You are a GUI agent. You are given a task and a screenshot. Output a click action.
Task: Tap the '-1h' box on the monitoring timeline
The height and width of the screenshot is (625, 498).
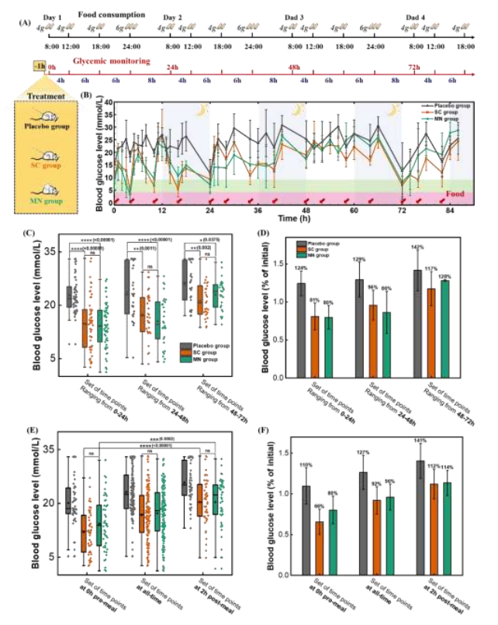point(37,67)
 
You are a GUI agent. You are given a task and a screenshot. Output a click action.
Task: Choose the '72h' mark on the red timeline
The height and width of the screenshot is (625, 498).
point(417,67)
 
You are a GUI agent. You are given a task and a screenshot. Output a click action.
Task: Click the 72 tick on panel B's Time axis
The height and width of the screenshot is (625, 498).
point(403,210)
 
